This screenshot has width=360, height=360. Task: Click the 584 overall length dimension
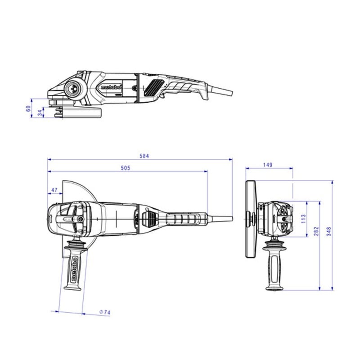[144, 156]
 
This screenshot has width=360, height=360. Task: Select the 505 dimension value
[126, 168]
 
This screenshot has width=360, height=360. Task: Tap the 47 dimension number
[54, 190]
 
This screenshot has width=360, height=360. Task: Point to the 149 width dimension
[268, 165]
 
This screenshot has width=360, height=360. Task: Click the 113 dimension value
[303, 219]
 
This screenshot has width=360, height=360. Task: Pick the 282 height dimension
[316, 231]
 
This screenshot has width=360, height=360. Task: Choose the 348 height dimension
[329, 231]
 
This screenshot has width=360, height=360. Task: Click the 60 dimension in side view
[28, 108]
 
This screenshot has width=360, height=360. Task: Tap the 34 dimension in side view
[40, 113]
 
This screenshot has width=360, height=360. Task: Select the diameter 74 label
[105, 312]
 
